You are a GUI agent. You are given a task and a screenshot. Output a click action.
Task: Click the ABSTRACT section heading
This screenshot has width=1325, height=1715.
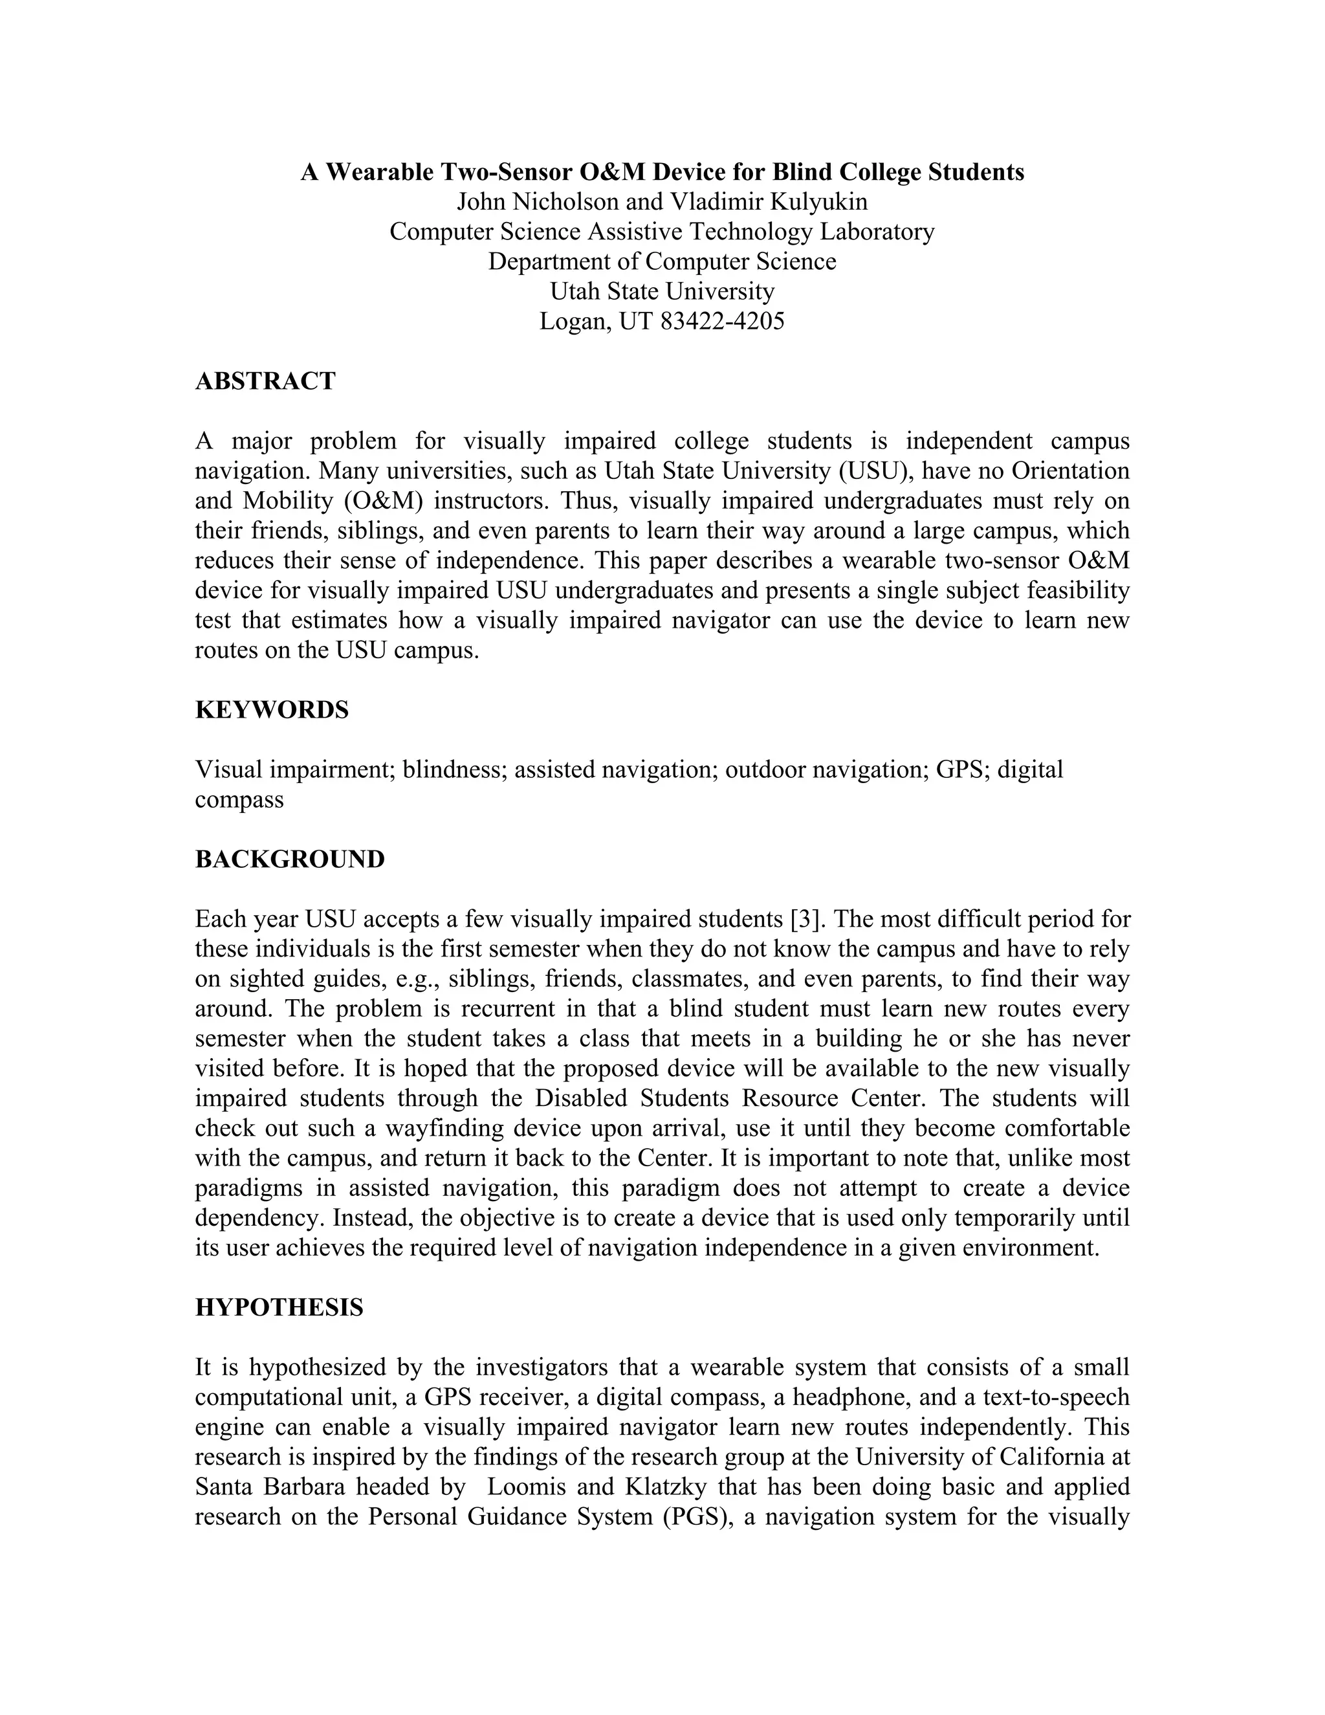pyautogui.click(x=265, y=382)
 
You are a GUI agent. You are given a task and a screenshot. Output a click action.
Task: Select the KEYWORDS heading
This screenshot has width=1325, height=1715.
pyautogui.click(x=272, y=710)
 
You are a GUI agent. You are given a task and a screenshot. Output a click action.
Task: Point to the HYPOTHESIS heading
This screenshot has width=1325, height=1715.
pyautogui.click(x=279, y=1307)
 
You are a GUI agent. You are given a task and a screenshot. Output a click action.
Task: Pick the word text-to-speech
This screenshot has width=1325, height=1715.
pyautogui.click(x=1056, y=1397)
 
